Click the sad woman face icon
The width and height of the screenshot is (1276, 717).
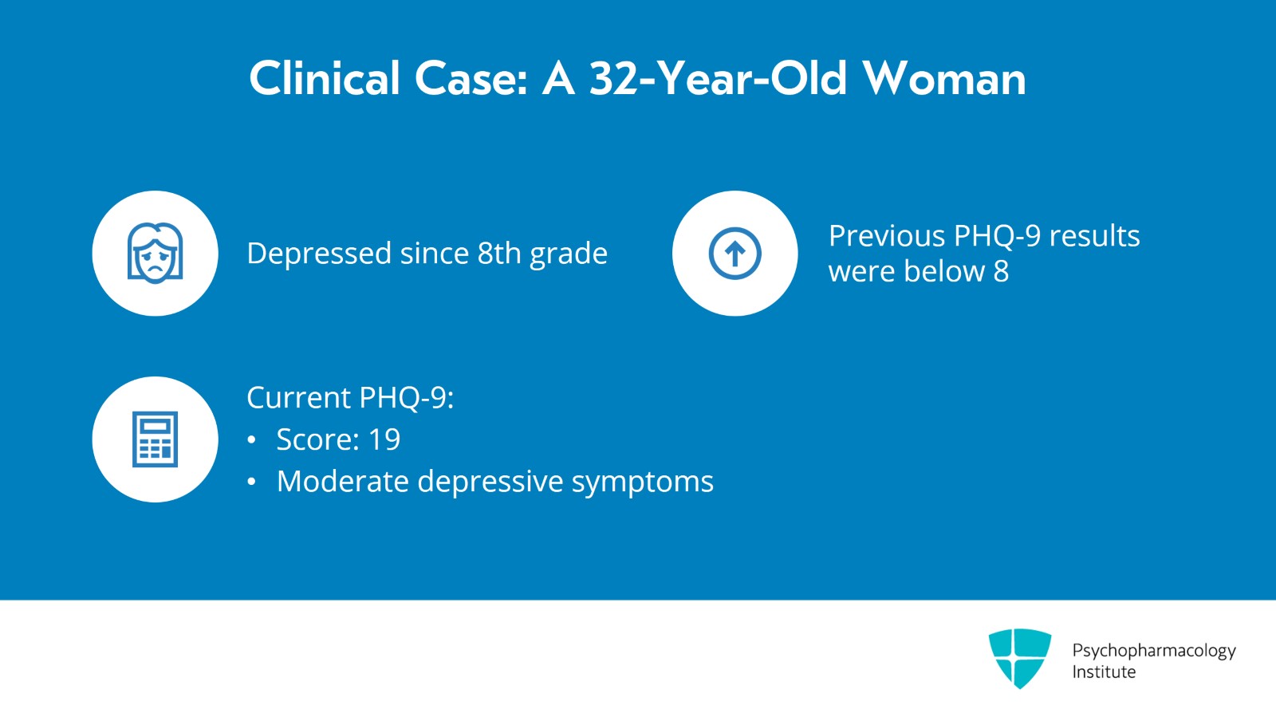155,253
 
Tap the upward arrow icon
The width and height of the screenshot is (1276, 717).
734,254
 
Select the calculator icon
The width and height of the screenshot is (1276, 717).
155,439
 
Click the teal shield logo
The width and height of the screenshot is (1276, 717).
1019,657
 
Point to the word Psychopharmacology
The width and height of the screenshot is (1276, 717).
1153,651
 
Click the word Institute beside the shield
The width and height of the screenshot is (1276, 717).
1104,672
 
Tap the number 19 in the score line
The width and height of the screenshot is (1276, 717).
384,439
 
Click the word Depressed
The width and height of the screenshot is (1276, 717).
319,254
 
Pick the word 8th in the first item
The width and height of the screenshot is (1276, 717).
499,254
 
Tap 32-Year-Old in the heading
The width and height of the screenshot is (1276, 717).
717,79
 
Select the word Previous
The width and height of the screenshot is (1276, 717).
887,236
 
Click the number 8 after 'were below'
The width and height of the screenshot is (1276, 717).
1001,272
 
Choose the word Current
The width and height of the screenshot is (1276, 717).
299,398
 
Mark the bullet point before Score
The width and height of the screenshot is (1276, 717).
252,440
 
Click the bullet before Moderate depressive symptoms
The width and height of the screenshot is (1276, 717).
252,483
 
